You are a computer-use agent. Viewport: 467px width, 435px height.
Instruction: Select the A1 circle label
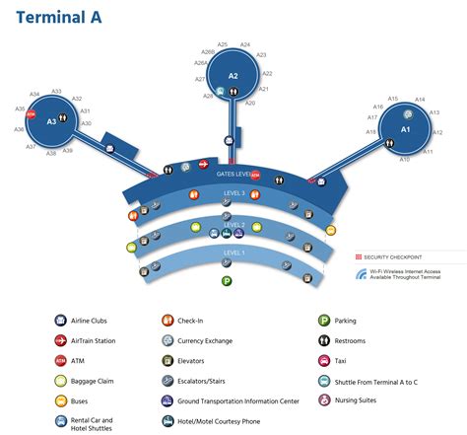(x=405, y=129)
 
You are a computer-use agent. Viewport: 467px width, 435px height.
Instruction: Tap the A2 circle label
(x=233, y=75)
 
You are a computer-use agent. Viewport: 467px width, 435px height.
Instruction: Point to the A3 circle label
(x=52, y=121)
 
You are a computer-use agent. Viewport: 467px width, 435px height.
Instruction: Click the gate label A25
(x=223, y=44)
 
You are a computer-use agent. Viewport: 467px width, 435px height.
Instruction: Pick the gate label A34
(x=34, y=94)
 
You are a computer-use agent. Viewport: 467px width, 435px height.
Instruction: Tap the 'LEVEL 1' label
(x=234, y=253)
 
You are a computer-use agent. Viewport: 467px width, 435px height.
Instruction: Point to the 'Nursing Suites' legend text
(x=361, y=400)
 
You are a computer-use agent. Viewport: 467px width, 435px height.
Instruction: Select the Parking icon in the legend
(x=324, y=321)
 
